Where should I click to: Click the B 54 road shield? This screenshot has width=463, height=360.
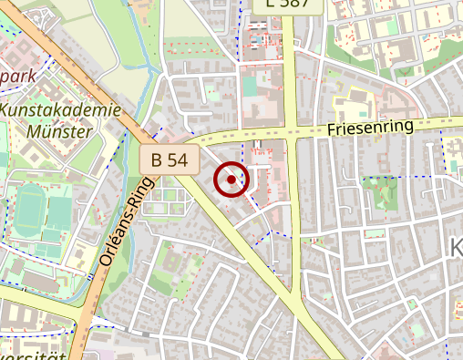170,160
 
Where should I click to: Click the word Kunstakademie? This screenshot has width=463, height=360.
62,110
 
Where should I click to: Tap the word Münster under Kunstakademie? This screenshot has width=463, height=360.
60,130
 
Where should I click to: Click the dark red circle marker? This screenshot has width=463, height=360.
231,180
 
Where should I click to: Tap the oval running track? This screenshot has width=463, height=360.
30,209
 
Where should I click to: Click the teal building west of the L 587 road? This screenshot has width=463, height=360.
250,87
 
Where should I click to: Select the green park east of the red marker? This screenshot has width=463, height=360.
380,192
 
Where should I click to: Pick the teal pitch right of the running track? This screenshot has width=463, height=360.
60,211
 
